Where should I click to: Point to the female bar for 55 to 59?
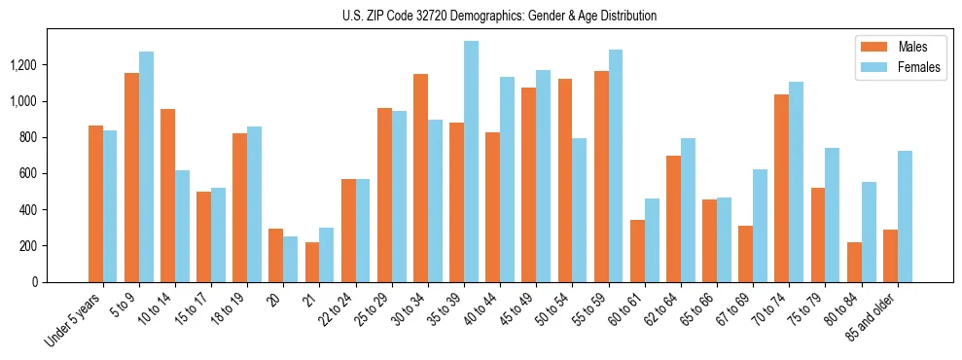point(616,165)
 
